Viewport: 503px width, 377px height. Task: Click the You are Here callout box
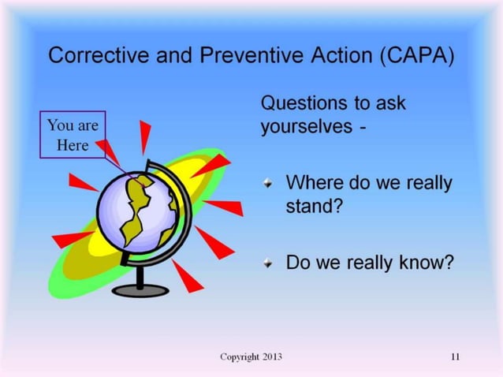pos(73,135)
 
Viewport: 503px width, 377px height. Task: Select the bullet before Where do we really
pos(269,183)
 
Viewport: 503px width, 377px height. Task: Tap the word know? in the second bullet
pos(427,262)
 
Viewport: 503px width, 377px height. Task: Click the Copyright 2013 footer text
pos(251,357)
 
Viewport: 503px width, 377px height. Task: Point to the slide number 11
pos(455,357)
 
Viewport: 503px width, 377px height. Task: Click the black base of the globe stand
pos(140,289)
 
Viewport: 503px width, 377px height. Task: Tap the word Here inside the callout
pos(73,145)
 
